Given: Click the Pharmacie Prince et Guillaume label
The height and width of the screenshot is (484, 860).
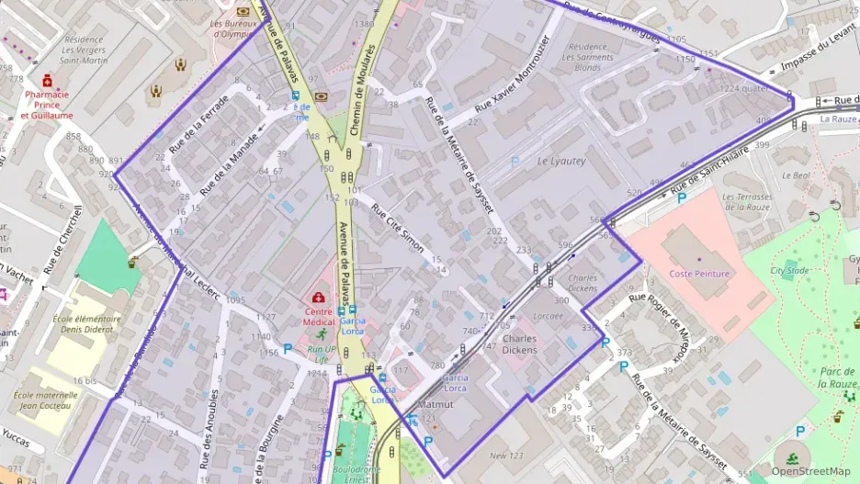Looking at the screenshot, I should coord(49,105).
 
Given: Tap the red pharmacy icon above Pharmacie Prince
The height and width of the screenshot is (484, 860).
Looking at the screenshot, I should coord(47,81).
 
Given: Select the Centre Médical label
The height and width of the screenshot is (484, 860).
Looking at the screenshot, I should coord(319,317).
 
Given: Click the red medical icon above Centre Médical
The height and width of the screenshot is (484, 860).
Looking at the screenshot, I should coord(319,298).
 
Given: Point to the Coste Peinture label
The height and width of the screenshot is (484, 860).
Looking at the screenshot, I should coord(699,274).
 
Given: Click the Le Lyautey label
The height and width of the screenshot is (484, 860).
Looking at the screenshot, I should coord(560,162).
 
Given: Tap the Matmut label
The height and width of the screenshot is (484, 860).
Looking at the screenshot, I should coord(436,404).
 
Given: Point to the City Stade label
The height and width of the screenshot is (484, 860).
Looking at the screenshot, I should coord(789,270).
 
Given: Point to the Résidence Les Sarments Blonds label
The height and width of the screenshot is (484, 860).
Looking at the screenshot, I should coord(587,57).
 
